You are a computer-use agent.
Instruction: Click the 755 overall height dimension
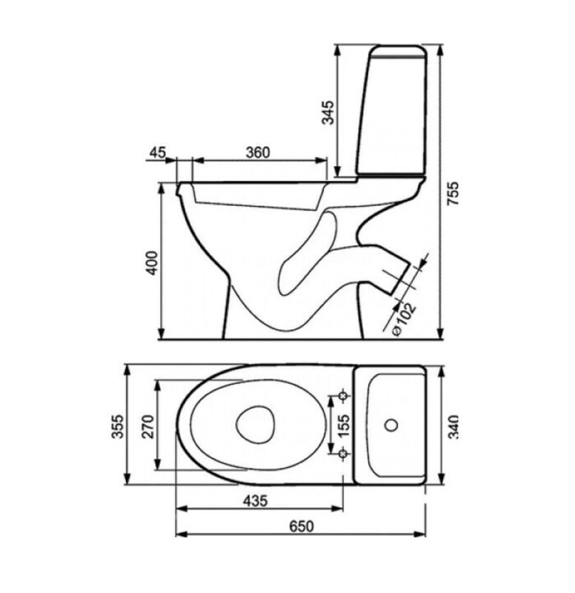click(453, 193)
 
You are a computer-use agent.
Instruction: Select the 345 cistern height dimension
click(328, 113)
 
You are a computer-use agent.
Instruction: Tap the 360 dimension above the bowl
click(258, 153)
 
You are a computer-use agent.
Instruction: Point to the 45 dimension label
click(157, 153)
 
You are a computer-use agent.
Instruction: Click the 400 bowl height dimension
click(152, 262)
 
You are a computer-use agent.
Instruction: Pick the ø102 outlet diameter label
click(404, 319)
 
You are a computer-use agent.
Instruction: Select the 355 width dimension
click(118, 426)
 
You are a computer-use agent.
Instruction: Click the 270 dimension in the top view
click(147, 426)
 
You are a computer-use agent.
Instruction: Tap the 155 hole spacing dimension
click(344, 425)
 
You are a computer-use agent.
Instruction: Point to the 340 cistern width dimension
click(453, 427)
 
